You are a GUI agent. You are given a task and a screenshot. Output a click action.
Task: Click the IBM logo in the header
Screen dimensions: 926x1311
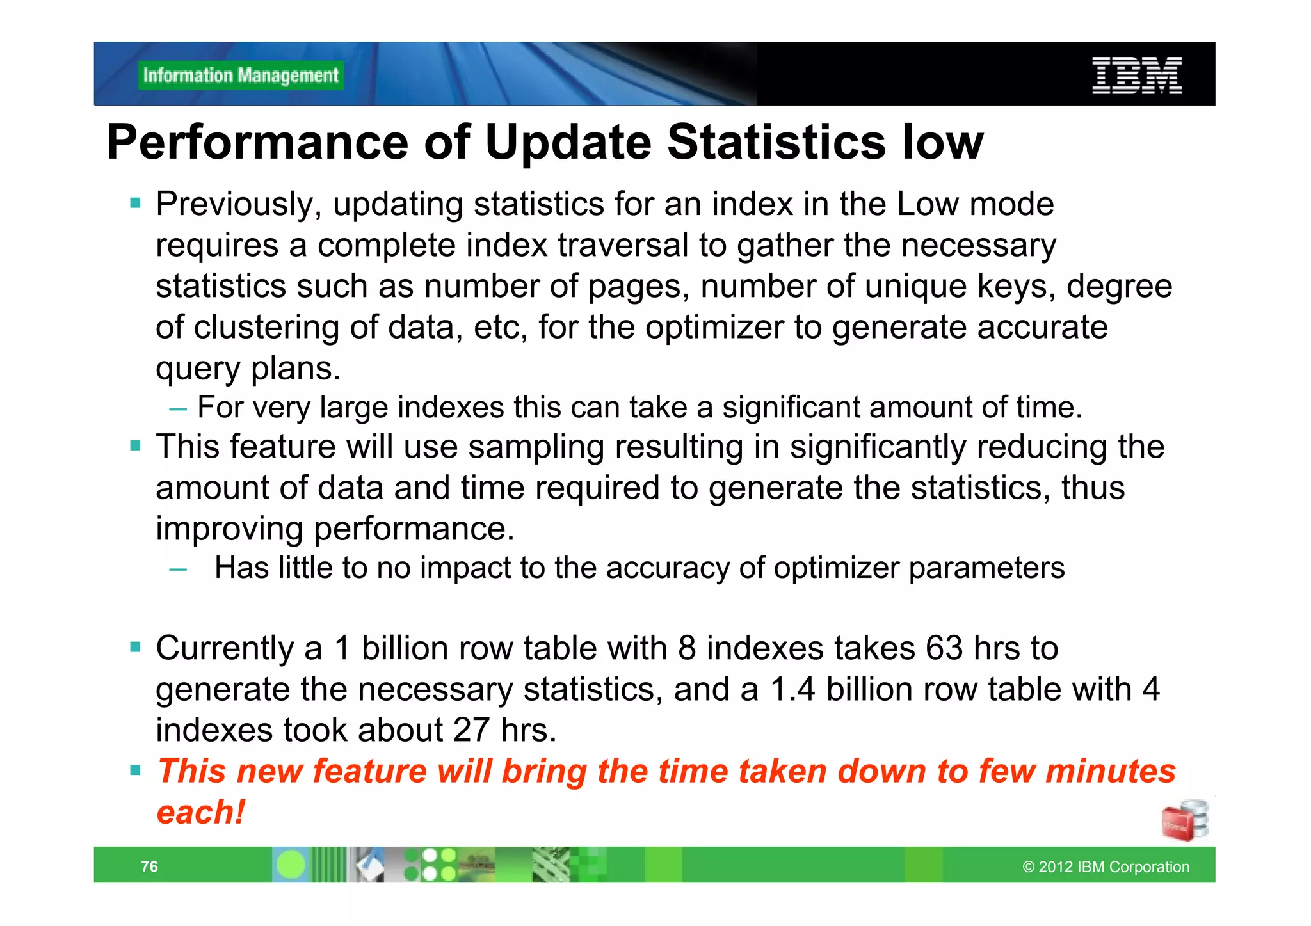point(1136,75)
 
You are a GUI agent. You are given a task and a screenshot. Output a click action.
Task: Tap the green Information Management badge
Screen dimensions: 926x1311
point(241,76)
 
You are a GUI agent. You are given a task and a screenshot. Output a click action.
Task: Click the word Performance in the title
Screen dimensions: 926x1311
point(257,142)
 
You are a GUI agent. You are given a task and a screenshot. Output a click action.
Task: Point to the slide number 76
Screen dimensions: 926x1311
point(149,866)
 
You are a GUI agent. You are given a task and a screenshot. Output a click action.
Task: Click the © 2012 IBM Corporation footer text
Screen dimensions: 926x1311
point(1106,866)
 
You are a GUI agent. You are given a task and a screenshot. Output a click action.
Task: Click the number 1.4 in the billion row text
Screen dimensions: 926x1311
point(792,689)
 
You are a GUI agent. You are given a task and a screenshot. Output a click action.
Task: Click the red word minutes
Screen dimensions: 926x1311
point(1111,771)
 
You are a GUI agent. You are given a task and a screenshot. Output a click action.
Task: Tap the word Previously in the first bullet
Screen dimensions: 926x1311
point(238,205)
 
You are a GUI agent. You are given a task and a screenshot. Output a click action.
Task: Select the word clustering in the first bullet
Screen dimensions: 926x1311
point(266,327)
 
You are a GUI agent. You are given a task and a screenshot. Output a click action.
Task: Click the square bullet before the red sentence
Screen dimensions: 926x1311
point(135,770)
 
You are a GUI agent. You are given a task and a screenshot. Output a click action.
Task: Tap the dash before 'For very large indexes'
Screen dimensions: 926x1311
point(178,409)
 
